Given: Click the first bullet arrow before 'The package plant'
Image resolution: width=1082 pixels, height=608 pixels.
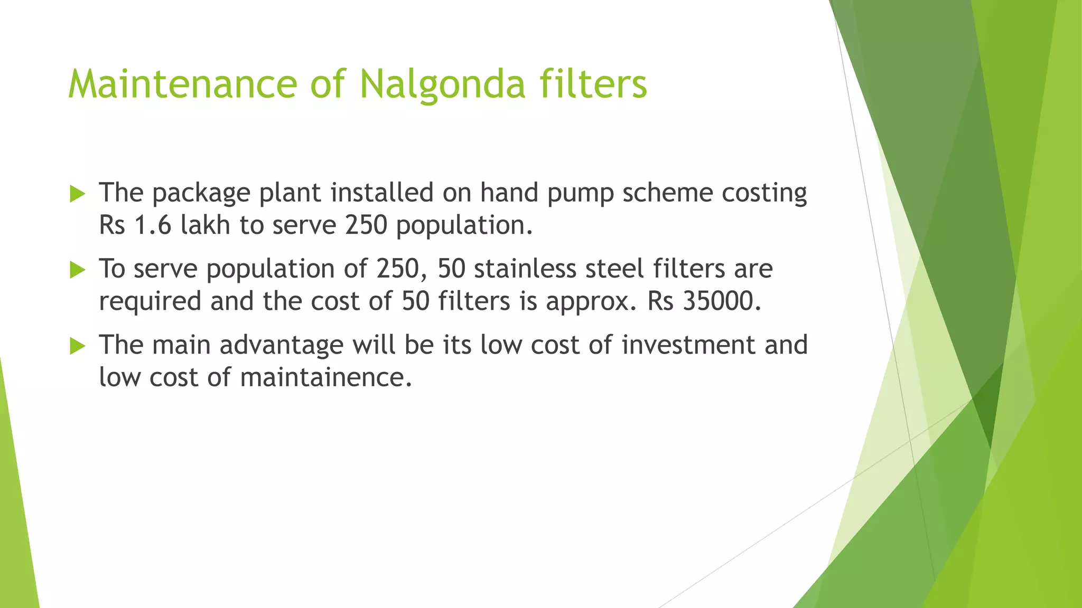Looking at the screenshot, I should [x=77, y=194].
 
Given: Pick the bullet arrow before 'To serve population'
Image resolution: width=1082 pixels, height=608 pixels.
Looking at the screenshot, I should [x=77, y=270].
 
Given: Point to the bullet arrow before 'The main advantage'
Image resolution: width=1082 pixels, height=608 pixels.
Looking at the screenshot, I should [x=77, y=346].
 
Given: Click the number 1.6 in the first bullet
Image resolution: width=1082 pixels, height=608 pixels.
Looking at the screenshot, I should [x=153, y=225].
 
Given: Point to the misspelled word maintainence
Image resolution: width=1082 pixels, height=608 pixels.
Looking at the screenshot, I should [x=326, y=377].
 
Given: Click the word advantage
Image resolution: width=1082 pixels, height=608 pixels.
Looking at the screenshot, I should [x=282, y=346].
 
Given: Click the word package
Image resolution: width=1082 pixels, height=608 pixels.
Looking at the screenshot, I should [x=201, y=194].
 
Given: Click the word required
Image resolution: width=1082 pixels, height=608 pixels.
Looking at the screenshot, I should [x=150, y=302].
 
